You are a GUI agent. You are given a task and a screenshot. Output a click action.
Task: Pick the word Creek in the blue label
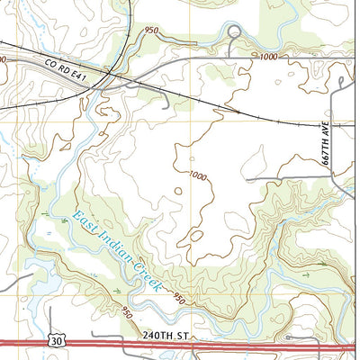tap(144, 276)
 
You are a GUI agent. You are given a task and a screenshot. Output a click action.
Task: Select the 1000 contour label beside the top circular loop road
tap(268, 56)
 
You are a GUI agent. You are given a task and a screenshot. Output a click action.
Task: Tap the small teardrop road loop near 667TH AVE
tap(345, 83)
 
